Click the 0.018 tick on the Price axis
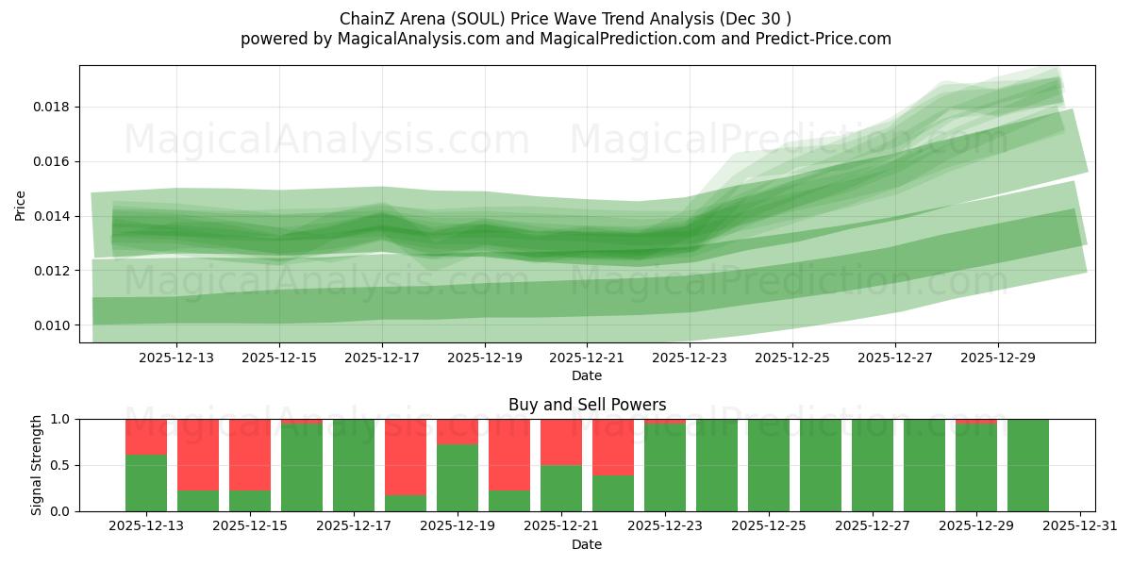53,108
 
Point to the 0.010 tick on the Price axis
53,325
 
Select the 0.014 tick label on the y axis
53,217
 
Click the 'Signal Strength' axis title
37,465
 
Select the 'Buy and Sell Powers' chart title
587,405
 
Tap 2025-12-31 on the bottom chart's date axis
1079,526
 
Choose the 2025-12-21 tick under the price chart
588,358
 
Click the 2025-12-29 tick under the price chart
999,358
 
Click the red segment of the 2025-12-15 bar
250,455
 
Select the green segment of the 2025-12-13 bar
146,483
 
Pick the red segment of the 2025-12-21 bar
561,441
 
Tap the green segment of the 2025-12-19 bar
458,477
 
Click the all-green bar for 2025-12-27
873,465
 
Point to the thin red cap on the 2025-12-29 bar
976,422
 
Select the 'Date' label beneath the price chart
587,375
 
